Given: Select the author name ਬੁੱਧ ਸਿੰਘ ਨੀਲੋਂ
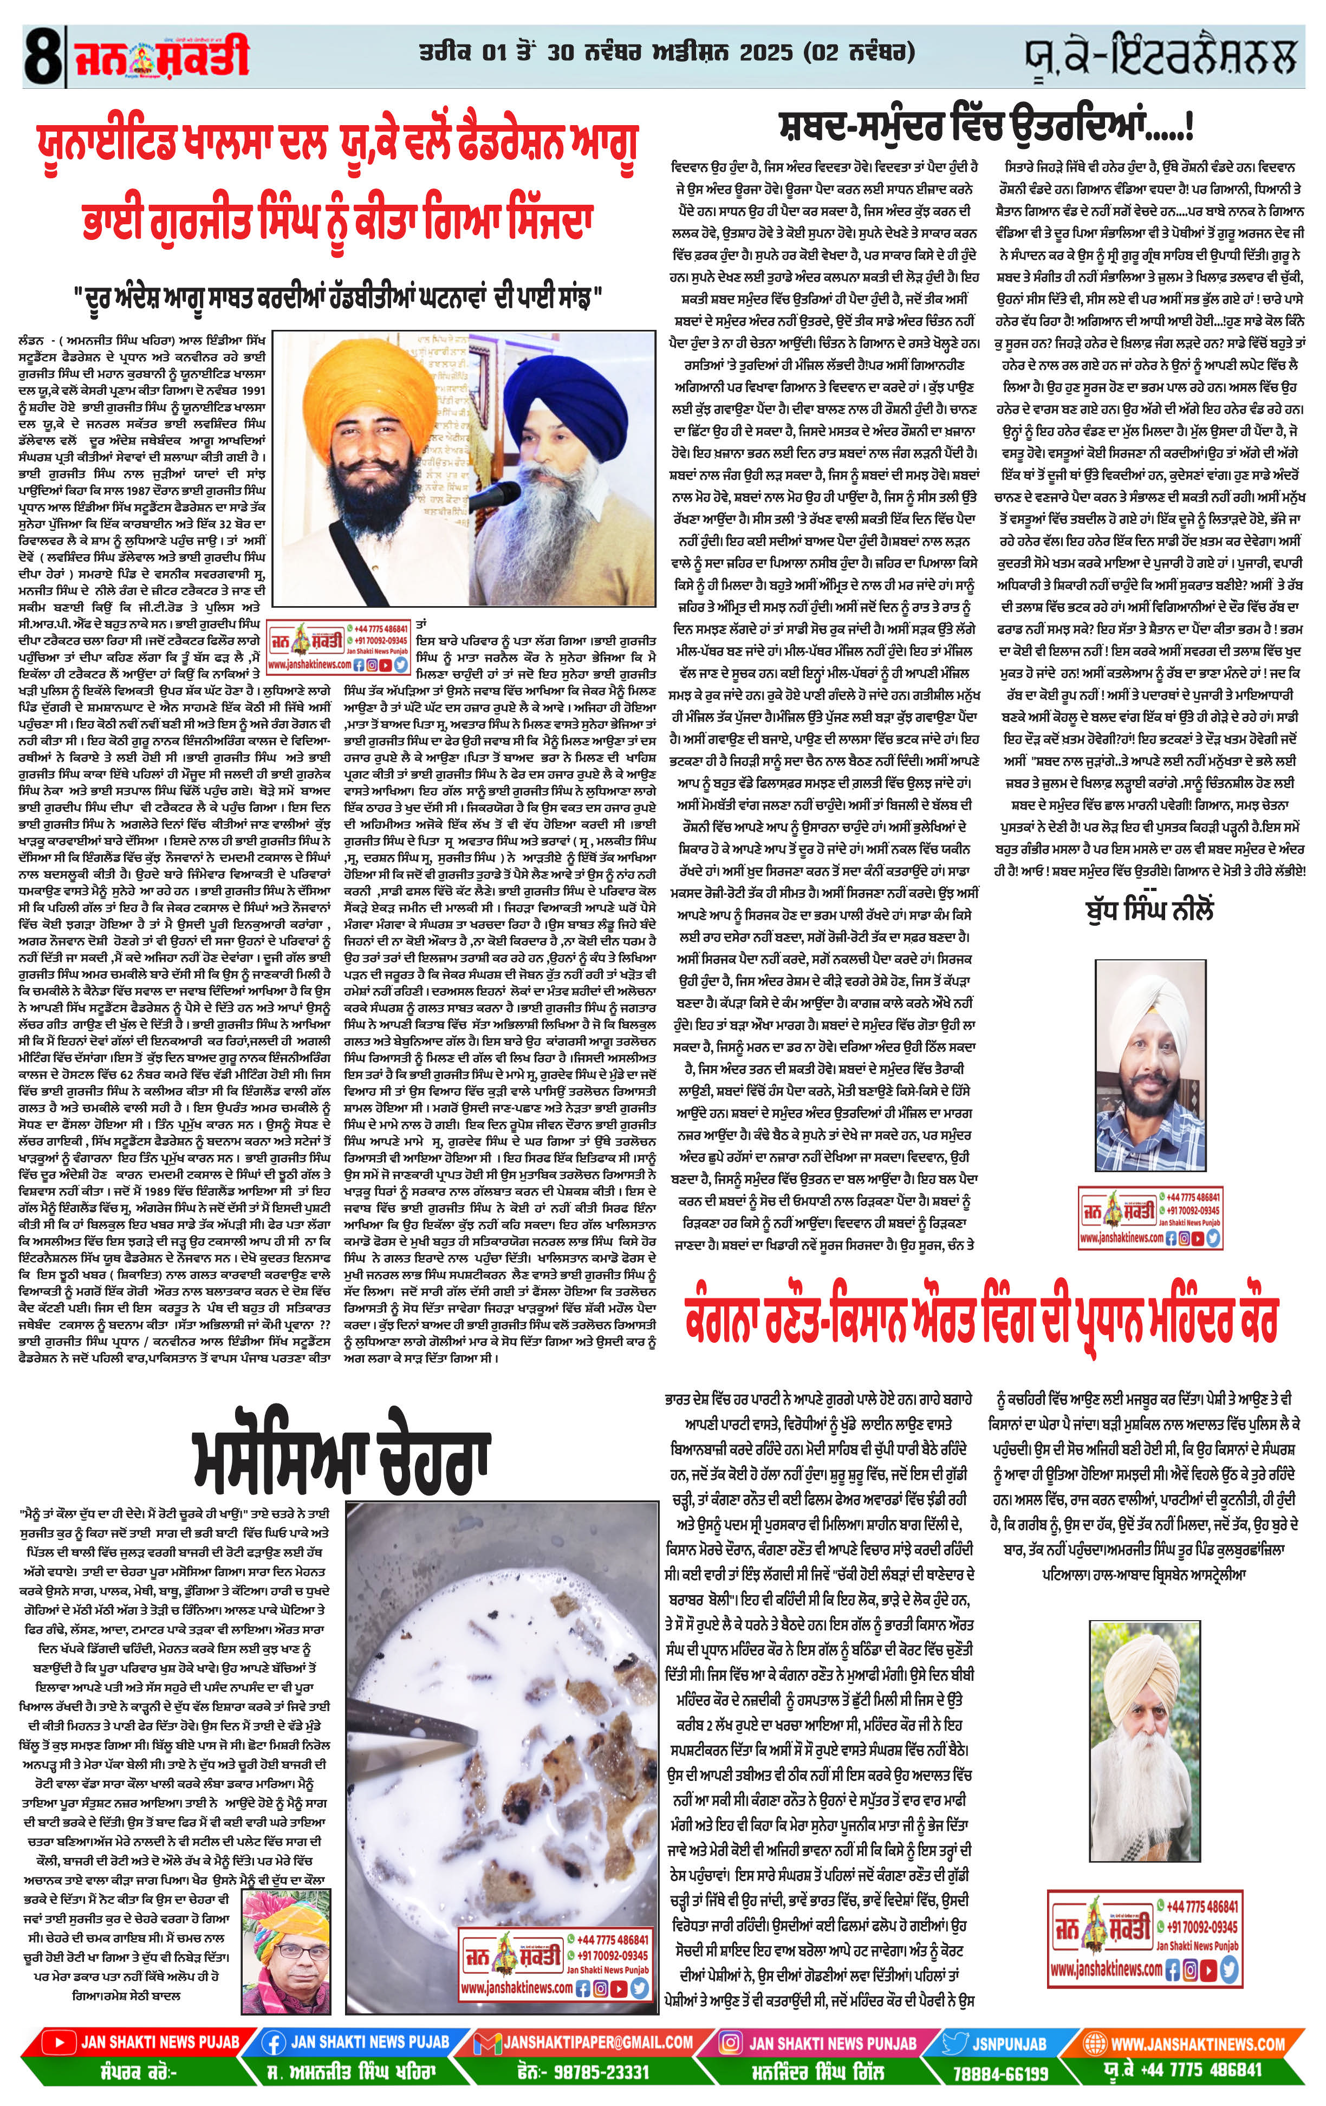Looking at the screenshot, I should [1148, 909].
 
